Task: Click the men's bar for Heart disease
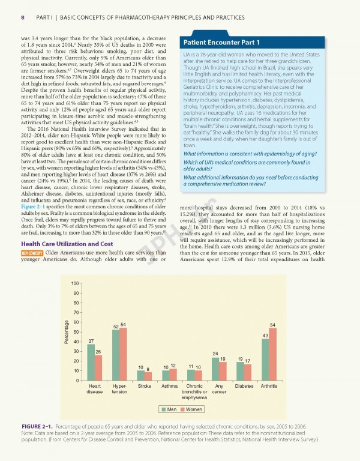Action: [x=91, y=362]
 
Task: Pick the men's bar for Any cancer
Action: [x=215, y=369]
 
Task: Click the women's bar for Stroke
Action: [x=148, y=376]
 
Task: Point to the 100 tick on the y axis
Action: [x=74, y=283]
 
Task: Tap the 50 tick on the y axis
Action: [x=75, y=332]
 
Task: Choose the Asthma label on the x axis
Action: [x=170, y=385]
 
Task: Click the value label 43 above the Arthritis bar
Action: [x=265, y=334]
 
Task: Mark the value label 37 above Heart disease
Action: [x=91, y=340]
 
